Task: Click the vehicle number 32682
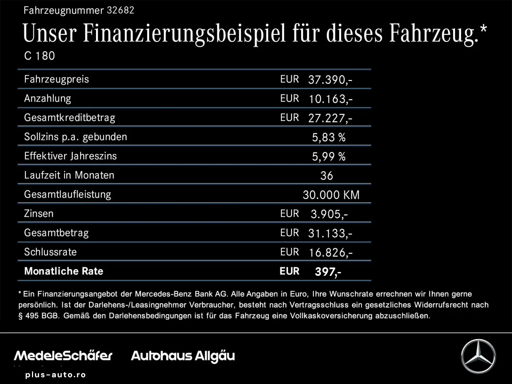(121, 10)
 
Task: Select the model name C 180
(39, 56)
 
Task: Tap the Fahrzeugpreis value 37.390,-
(330, 80)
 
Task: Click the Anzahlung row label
(48, 98)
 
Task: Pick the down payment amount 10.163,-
(330, 99)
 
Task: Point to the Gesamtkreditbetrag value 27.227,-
(330, 118)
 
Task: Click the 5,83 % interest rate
(329, 137)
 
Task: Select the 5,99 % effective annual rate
(329, 156)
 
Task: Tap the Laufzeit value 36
(326, 176)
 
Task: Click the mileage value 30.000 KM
(331, 195)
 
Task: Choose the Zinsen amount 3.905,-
(329, 214)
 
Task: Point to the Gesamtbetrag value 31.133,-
(330, 233)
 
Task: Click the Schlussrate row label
(50, 252)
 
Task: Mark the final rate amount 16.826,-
(330, 252)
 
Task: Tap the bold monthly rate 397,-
(328, 272)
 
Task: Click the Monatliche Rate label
(64, 271)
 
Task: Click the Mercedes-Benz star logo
(478, 356)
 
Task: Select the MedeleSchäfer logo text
(63, 356)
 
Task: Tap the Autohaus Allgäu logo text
(183, 356)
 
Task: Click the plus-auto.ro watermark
(55, 375)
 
